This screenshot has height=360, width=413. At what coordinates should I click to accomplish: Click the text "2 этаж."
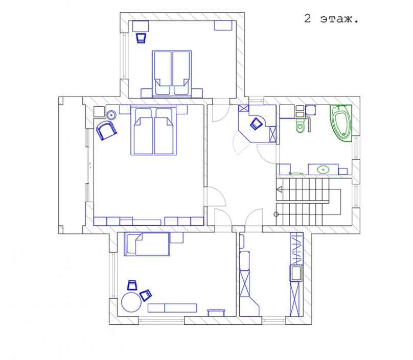click(x=331, y=19)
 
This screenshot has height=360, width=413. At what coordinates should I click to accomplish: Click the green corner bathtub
click(x=341, y=123)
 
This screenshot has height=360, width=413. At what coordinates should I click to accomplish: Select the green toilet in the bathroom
click(x=300, y=126)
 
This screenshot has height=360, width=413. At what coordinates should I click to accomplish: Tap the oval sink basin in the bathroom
click(x=323, y=170)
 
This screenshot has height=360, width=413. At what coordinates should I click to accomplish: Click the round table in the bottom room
click(x=131, y=302)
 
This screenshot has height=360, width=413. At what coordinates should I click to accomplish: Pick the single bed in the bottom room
click(x=147, y=244)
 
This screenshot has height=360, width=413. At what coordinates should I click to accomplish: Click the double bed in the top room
click(x=172, y=74)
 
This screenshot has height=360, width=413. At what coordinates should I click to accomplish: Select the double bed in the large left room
click(x=153, y=130)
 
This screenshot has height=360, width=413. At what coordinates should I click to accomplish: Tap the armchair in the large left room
click(x=106, y=130)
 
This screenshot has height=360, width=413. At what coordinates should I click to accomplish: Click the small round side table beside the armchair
click(x=111, y=115)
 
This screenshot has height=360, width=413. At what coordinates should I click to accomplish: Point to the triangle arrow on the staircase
click(x=280, y=189)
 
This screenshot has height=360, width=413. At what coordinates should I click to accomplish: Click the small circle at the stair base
click(x=276, y=214)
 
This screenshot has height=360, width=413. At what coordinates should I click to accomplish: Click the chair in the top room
click(x=141, y=38)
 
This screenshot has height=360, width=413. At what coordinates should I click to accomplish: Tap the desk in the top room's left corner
click(x=141, y=27)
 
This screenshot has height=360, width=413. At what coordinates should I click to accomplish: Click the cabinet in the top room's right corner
click(x=223, y=26)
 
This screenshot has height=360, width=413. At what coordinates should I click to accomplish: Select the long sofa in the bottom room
click(x=172, y=308)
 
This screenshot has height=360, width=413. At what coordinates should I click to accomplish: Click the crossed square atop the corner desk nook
click(x=244, y=108)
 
